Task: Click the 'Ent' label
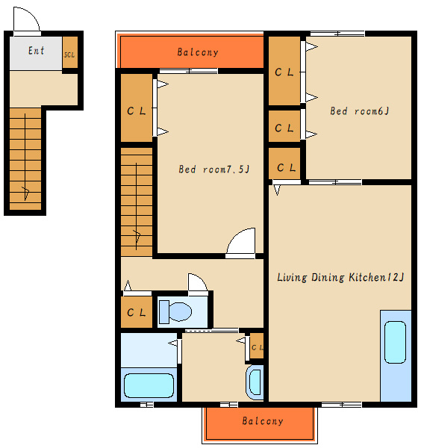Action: pyautogui.click(x=37, y=51)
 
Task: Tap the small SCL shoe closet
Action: pyautogui.click(x=70, y=52)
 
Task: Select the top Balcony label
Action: pyautogui.click(x=198, y=52)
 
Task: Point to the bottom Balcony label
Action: pyautogui.click(x=263, y=421)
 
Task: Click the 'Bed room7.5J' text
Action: pyautogui.click(x=214, y=169)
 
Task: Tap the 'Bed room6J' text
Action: pyautogui.click(x=359, y=111)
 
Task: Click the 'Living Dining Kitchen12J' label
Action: pyautogui.click(x=340, y=277)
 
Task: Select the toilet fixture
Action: pyautogui.click(x=175, y=311)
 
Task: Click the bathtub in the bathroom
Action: pyautogui.click(x=149, y=385)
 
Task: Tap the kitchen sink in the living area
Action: pyautogui.click(x=396, y=342)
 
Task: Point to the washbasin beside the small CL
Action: pyautogui.click(x=255, y=382)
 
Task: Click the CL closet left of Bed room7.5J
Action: pyautogui.click(x=137, y=108)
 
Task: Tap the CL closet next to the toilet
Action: pyautogui.click(x=137, y=312)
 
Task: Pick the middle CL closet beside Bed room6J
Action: pyautogui.click(x=284, y=126)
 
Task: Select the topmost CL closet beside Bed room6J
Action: pyautogui.click(x=284, y=71)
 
